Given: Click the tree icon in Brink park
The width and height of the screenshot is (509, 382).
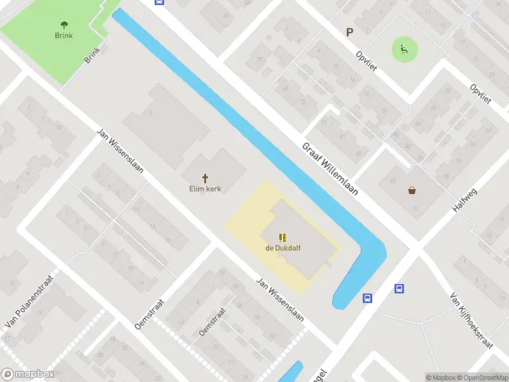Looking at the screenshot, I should point(64,25).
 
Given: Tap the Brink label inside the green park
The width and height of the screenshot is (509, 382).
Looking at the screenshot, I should point(64,36).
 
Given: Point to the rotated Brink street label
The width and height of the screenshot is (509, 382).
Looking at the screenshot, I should point(93,55).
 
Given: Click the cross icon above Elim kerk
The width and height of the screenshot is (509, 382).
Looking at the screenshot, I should point(205,179).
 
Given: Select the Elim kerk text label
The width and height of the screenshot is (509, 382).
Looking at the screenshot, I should point(205,189).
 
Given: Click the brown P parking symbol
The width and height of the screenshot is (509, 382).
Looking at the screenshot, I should point(349,32).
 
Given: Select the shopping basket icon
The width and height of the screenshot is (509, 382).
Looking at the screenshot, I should point(412,190).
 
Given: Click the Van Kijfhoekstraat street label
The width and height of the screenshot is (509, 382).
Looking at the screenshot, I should point(471,321).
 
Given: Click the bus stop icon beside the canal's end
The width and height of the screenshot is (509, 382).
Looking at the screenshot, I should point(368,298).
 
